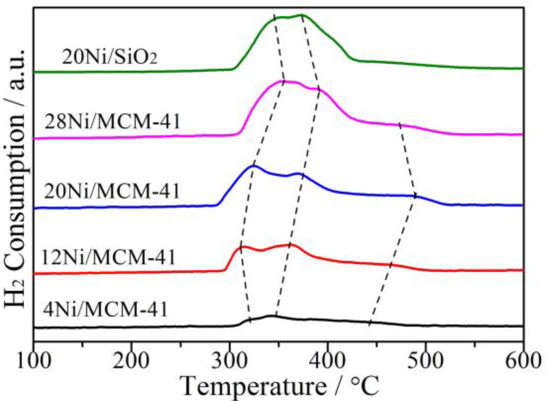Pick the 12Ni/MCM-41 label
click(108, 258)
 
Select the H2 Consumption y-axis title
click(15, 178)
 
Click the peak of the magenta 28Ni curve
click(284, 81)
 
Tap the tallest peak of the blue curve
click(253, 166)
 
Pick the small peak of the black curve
click(272, 316)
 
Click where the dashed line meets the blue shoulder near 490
click(415, 196)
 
